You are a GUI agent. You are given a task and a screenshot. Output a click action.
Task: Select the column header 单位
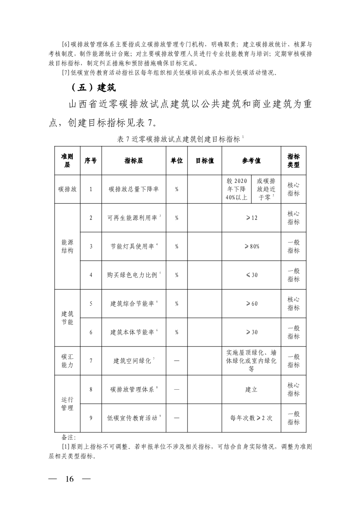coord(177,161)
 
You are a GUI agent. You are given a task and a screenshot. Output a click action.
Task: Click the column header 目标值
coord(204,161)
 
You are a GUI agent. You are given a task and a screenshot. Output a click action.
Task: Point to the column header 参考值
coord(251,161)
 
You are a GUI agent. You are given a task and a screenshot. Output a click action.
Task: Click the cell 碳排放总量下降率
coord(134,189)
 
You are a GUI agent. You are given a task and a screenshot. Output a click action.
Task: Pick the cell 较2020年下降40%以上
coord(236,189)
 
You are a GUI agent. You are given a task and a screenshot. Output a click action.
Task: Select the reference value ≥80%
coord(251,246)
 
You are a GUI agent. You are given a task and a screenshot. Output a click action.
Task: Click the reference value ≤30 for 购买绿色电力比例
coord(251,275)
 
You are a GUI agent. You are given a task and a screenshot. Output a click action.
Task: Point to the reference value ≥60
coord(251,303)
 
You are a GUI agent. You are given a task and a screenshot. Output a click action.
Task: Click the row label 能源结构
coord(68,246)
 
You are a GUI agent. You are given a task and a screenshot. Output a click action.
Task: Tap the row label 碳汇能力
coord(68,361)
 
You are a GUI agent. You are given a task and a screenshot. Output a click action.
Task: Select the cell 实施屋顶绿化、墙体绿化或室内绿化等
coord(251,361)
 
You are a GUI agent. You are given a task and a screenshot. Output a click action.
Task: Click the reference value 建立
coord(251,389)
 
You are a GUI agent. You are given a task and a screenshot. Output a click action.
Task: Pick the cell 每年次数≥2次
coord(251,418)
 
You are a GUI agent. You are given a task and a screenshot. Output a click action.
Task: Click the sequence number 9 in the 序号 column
coord(91,418)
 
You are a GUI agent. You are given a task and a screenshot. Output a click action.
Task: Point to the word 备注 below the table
coord(69,437)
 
